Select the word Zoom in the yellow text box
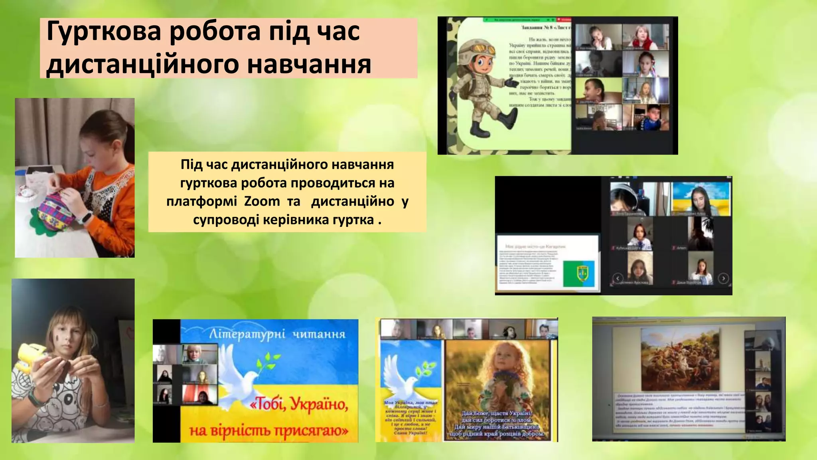pyautogui.click(x=262, y=201)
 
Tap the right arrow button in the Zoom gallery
pyautogui.click(x=723, y=278)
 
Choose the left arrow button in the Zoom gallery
pyautogui.click(x=618, y=278)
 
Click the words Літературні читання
pyautogui.click(x=277, y=334)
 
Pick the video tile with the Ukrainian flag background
pyautogui.click(x=701, y=199)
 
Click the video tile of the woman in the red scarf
pyautogui.click(x=645, y=37)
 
